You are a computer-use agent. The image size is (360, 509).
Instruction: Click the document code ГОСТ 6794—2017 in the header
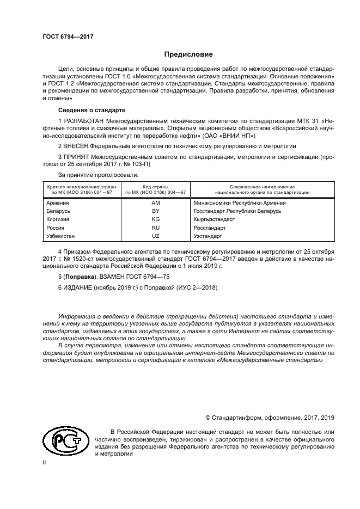click(68, 36)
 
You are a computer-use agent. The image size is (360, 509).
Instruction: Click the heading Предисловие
click(189, 54)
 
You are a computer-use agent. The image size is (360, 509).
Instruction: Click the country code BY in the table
click(155, 211)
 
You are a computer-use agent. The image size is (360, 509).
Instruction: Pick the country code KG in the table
click(155, 219)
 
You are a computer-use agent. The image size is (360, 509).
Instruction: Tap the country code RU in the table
click(155, 228)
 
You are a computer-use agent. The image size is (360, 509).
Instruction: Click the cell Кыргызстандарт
click(215, 219)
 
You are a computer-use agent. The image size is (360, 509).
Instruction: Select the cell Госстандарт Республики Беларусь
click(237, 211)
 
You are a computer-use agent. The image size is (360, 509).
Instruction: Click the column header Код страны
click(155, 187)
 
